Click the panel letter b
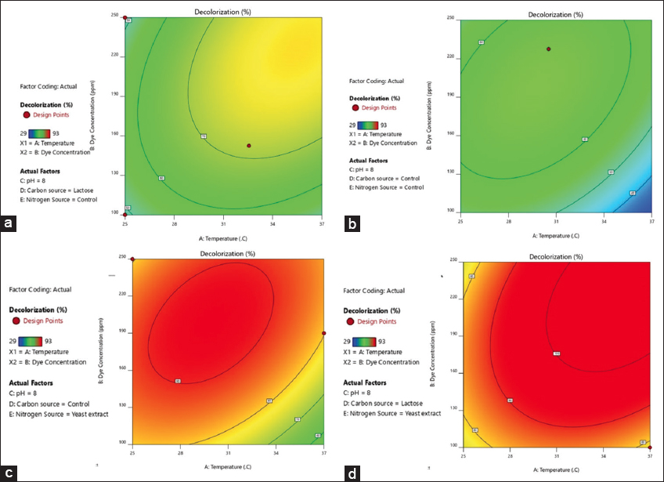[352, 225]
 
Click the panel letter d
[352, 472]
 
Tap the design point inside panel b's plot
[548, 49]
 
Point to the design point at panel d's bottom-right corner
[651, 447]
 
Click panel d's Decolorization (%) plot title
[556, 256]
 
